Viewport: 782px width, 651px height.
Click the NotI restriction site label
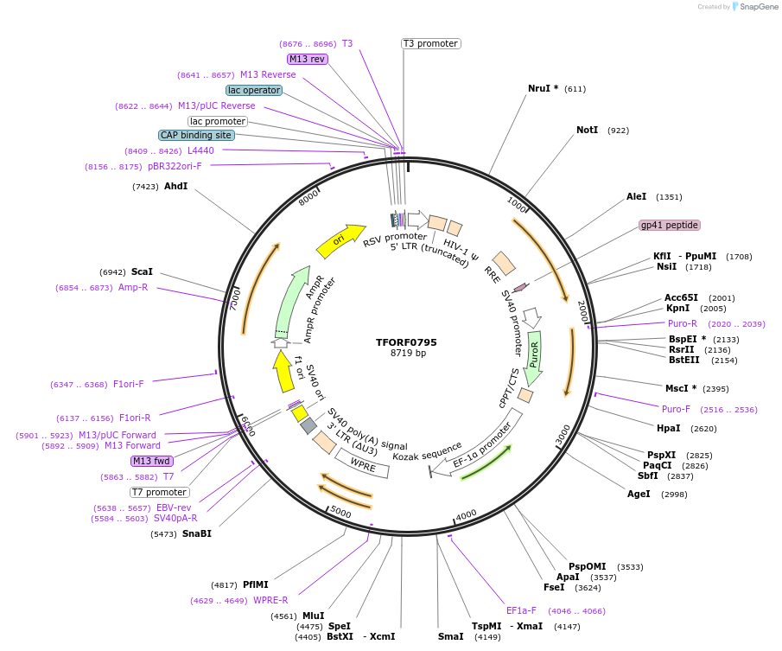coord(587,131)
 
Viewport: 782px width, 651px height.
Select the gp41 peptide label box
coord(669,225)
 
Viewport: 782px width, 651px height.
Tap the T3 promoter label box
coord(430,44)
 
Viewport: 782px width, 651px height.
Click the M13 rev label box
coord(308,59)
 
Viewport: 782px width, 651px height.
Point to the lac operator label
coord(254,90)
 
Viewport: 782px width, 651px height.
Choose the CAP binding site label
coord(195,135)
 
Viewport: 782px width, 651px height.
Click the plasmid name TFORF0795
coord(406,342)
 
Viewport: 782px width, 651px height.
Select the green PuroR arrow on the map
coord(535,356)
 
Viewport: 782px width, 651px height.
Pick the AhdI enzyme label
coord(175,186)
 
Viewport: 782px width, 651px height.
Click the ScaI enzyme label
coord(142,271)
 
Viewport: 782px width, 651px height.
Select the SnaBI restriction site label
coord(196,533)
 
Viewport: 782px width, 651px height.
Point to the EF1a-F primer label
coord(521,610)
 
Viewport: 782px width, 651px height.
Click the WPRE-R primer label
coord(270,600)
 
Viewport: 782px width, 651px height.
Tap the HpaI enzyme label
coord(668,428)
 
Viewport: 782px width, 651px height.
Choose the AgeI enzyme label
coord(639,494)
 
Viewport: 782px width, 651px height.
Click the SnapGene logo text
coord(757,7)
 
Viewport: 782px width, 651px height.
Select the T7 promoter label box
coord(159,492)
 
